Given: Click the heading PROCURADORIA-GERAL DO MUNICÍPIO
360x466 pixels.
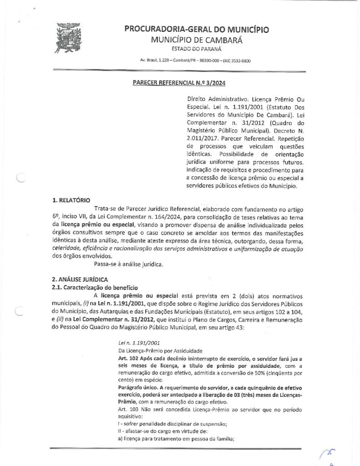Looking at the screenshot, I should [196, 30].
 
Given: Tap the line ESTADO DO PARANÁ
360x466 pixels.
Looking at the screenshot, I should [196, 49].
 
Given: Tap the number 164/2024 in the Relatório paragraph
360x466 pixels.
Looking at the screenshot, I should [208, 215].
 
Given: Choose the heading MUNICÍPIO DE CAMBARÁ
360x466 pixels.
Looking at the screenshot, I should [196, 40].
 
